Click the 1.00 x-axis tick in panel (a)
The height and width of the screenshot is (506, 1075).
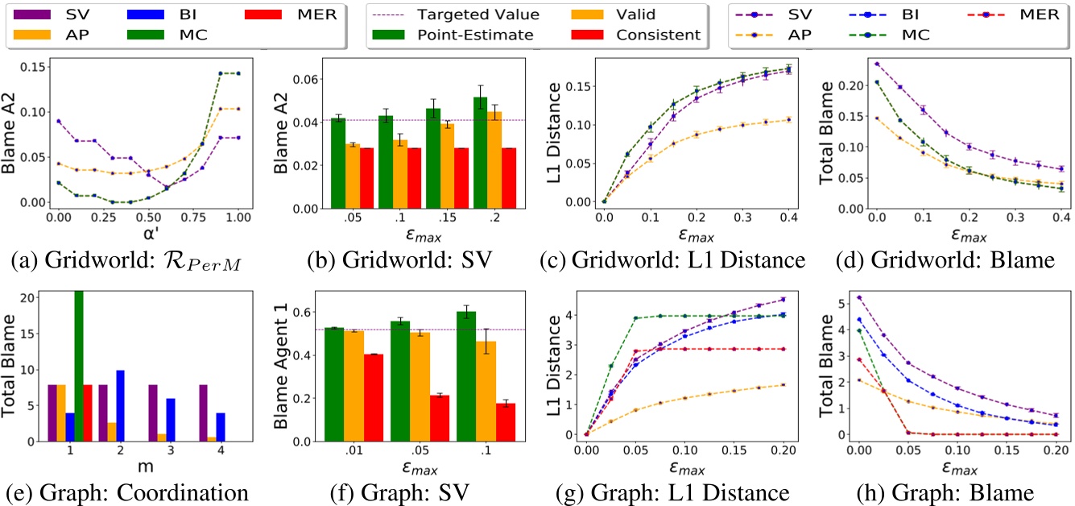click(238, 216)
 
